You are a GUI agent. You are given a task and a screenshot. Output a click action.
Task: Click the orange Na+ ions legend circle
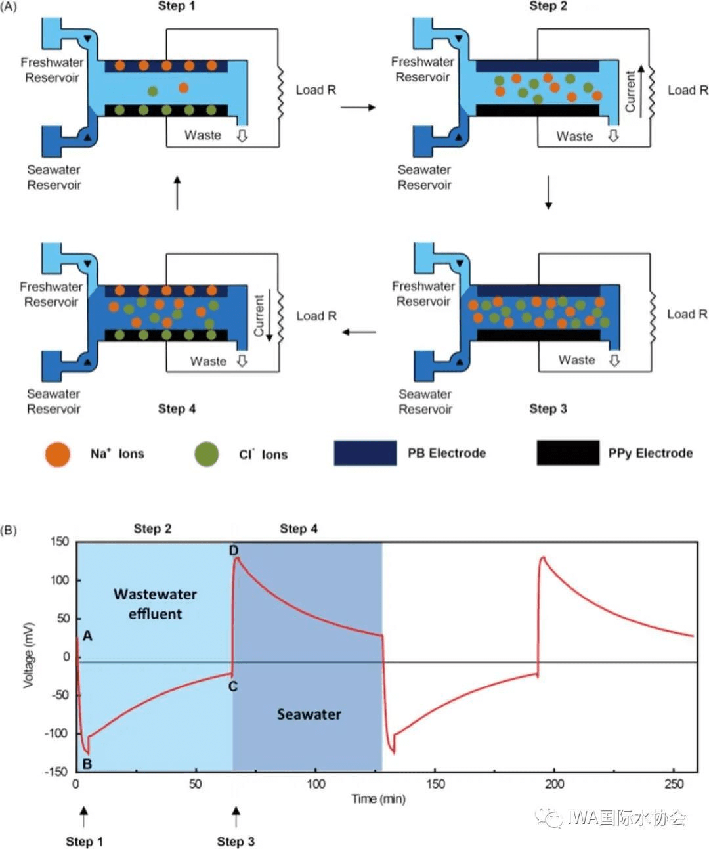[x=58, y=454]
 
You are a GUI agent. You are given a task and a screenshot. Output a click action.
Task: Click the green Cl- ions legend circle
[x=206, y=454]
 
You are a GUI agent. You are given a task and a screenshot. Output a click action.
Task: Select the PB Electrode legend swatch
[x=365, y=453]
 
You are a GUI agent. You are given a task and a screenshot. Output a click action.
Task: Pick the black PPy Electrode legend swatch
[x=568, y=453]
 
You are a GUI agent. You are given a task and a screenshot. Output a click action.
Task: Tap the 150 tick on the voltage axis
[x=60, y=542]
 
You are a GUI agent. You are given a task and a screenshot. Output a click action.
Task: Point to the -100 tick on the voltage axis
[x=57, y=733]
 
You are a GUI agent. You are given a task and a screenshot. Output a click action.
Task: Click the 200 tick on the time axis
[x=554, y=784]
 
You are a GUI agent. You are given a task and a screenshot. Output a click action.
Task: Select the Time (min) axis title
[x=378, y=799]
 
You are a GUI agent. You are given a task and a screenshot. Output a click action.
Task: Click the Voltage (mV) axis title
[x=28, y=655]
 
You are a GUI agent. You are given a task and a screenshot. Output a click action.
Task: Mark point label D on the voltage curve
[x=234, y=550]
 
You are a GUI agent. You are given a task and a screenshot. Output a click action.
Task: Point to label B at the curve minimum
[x=87, y=764]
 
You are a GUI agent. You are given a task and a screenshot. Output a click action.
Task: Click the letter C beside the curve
[x=233, y=687]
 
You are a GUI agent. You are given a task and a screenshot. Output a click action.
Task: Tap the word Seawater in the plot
[x=309, y=714]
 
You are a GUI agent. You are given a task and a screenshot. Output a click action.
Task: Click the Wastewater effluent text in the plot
[x=156, y=604]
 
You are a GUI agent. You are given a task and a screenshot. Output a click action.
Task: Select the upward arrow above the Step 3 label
[x=236, y=817]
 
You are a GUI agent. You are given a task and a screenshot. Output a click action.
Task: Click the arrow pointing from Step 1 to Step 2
[x=358, y=107]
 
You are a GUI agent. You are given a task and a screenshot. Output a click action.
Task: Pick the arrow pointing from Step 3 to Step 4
[x=358, y=332]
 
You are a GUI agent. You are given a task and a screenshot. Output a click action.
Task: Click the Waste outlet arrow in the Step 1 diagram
[x=242, y=136]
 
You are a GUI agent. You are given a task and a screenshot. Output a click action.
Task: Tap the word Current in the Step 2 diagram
[x=630, y=92]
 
